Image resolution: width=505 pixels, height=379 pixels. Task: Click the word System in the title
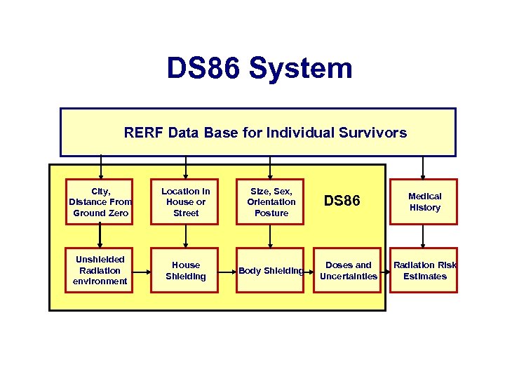click(300, 69)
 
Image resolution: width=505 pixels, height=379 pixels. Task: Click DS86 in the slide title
click(203, 69)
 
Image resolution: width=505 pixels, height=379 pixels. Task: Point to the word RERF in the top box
click(143, 132)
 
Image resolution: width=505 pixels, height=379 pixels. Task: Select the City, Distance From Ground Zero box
click(100, 202)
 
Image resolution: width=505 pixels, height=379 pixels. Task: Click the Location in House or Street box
click(185, 202)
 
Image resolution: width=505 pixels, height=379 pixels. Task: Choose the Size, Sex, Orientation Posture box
click(271, 202)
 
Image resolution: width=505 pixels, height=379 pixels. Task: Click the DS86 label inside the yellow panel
click(342, 201)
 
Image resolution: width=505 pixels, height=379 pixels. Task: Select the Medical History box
click(424, 202)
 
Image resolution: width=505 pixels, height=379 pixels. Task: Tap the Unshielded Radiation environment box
click(100, 270)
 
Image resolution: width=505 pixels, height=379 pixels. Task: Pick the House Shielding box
click(185, 270)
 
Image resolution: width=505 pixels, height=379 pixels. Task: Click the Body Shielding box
click(271, 270)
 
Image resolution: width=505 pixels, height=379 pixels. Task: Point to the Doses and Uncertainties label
click(348, 270)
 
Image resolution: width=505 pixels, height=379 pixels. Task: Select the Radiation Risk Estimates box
click(424, 270)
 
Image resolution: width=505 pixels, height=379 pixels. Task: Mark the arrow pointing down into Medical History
click(423, 168)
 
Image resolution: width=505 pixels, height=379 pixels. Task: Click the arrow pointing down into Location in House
click(185, 168)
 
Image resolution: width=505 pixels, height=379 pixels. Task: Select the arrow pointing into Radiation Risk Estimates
click(386, 270)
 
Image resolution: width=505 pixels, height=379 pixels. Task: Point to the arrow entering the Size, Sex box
click(271, 168)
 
